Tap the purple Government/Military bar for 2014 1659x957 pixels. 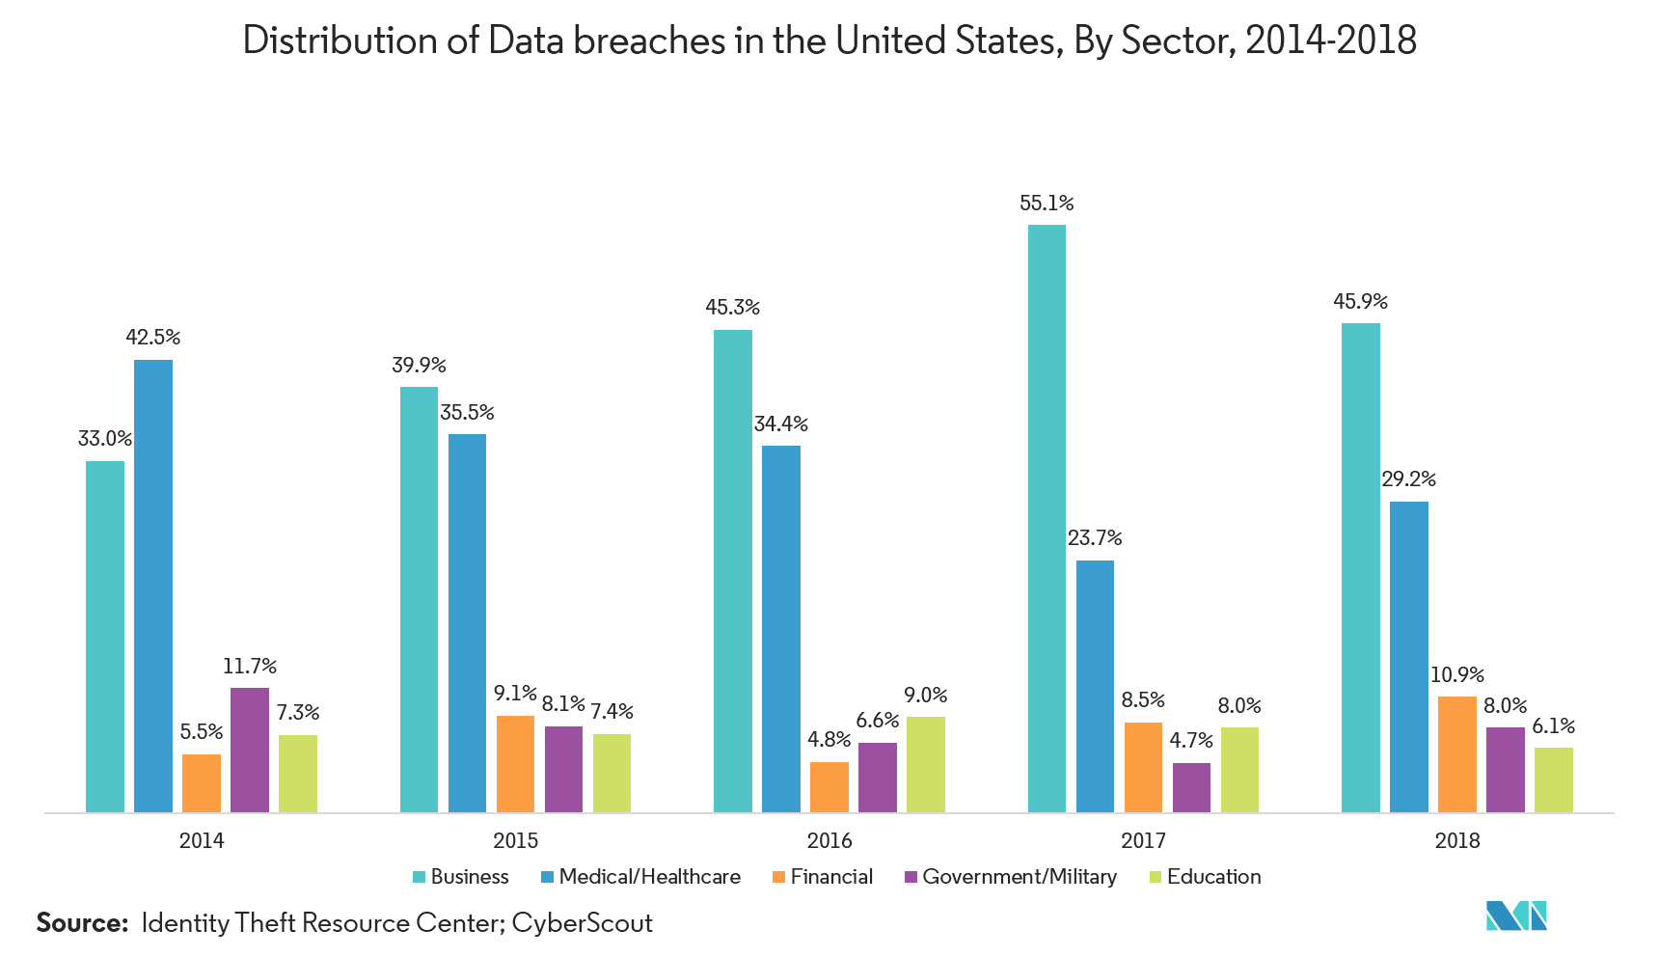[x=250, y=750]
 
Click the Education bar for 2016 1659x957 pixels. [x=926, y=764]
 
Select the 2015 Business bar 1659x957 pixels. [x=419, y=599]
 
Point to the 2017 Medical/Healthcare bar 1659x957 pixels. [x=1095, y=686]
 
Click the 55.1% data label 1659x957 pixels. [x=1047, y=204]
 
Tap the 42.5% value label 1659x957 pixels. [x=153, y=338]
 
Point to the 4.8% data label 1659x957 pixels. [x=829, y=740]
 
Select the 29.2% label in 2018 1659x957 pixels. [x=1409, y=479]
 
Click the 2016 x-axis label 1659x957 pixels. [x=829, y=841]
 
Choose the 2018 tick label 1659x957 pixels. [x=1456, y=841]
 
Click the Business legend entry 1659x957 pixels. [x=461, y=877]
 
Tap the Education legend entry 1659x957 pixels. [x=1206, y=877]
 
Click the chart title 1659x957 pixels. [x=829, y=41]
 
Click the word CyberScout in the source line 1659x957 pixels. [x=583, y=923]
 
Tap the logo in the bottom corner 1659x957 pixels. [x=1516, y=915]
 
